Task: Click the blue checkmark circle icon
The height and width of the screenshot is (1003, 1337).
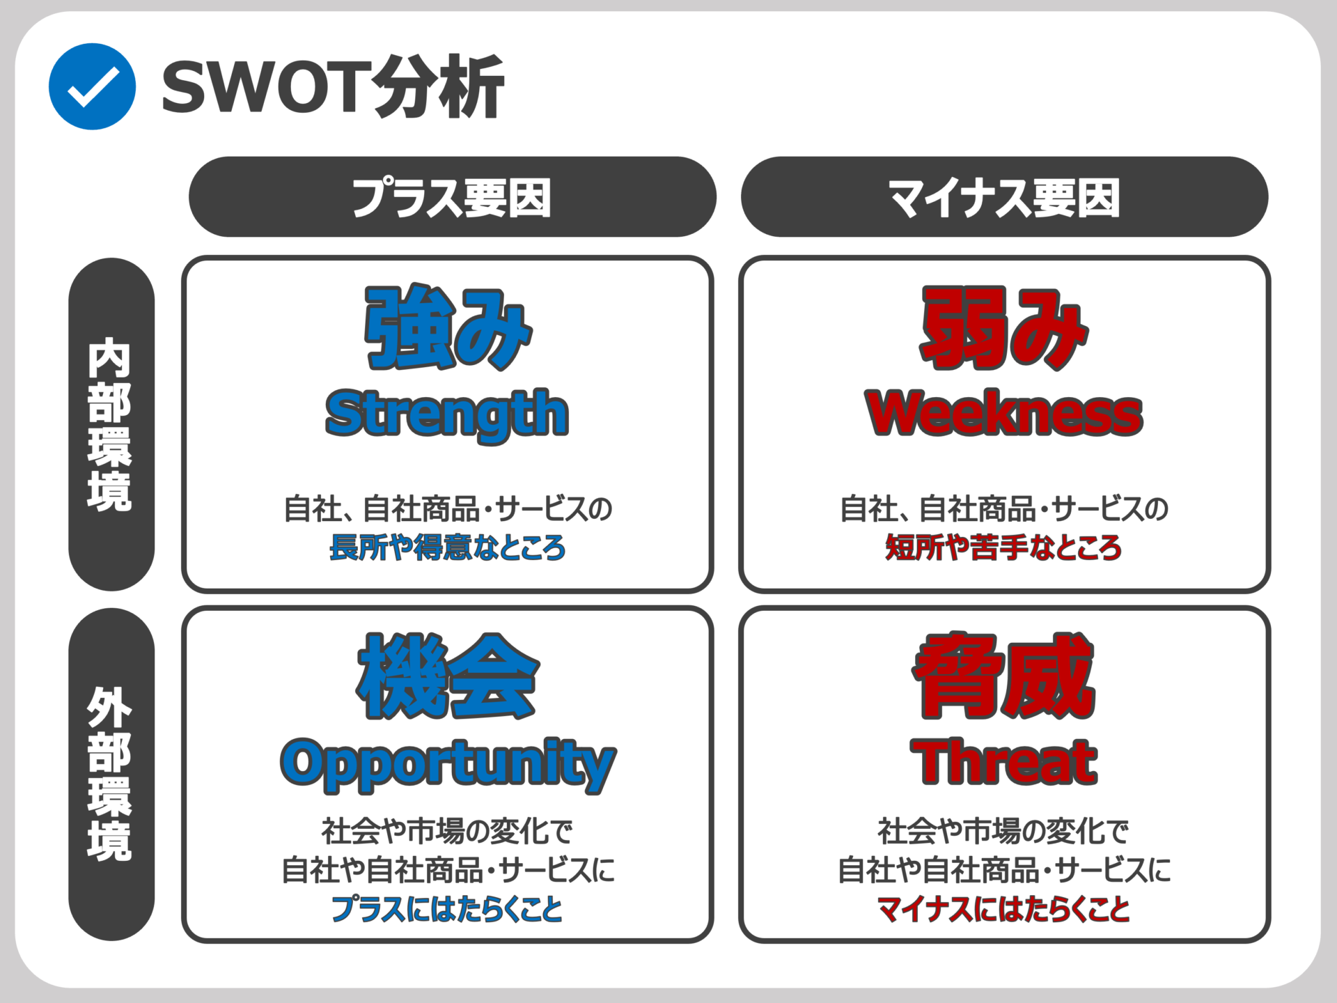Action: (92, 86)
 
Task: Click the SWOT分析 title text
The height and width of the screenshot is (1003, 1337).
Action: (333, 87)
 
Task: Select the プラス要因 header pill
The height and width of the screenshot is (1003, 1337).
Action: (452, 197)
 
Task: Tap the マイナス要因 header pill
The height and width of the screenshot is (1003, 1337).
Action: (1004, 197)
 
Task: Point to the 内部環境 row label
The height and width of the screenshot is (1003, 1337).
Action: (111, 424)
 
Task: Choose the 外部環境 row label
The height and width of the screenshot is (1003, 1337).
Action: (111, 774)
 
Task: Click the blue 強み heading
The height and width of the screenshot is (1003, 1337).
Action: (448, 327)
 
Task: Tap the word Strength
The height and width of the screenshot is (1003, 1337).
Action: (447, 415)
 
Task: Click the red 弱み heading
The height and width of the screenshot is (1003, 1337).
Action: (1004, 327)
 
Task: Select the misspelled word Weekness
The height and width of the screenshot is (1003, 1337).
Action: (1004, 413)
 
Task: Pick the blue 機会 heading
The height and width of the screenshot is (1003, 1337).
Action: (448, 676)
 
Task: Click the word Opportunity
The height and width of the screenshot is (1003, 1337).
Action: (448, 765)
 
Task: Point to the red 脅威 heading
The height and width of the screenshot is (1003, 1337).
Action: (1004, 676)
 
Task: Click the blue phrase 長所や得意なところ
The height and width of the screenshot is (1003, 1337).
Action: (447, 547)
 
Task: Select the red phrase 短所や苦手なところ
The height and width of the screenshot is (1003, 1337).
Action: (1003, 547)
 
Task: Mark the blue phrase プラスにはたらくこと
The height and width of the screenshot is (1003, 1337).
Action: (447, 909)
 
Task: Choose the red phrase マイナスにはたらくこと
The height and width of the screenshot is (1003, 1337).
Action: (1003, 909)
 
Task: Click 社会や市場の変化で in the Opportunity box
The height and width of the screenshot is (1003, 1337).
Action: (447, 831)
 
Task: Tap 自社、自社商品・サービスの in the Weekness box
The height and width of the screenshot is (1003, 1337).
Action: (1003, 508)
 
